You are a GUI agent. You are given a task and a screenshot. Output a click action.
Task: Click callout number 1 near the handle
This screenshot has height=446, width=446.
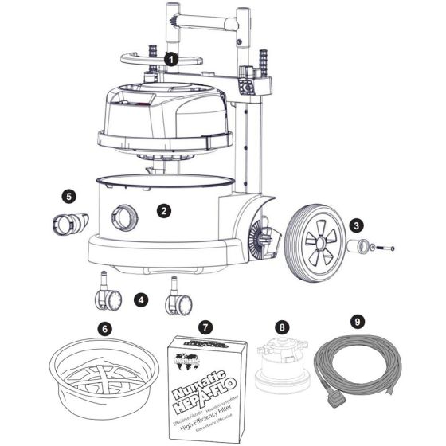point(170,59)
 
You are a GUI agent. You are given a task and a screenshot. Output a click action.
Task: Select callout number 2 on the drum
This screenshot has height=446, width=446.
point(163,211)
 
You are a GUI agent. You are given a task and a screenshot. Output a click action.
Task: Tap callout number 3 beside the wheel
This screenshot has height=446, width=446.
point(357,225)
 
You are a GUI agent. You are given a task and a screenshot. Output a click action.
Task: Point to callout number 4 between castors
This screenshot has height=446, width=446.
point(141,300)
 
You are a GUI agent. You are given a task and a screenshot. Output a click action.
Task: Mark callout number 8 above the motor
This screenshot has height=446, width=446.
point(280,327)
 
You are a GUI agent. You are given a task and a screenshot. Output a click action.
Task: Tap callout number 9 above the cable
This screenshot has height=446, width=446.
point(357,322)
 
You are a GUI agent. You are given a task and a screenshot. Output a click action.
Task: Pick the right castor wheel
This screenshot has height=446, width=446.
point(178,303)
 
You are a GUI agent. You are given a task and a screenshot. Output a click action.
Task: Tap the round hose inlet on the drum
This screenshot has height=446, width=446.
point(123,216)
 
